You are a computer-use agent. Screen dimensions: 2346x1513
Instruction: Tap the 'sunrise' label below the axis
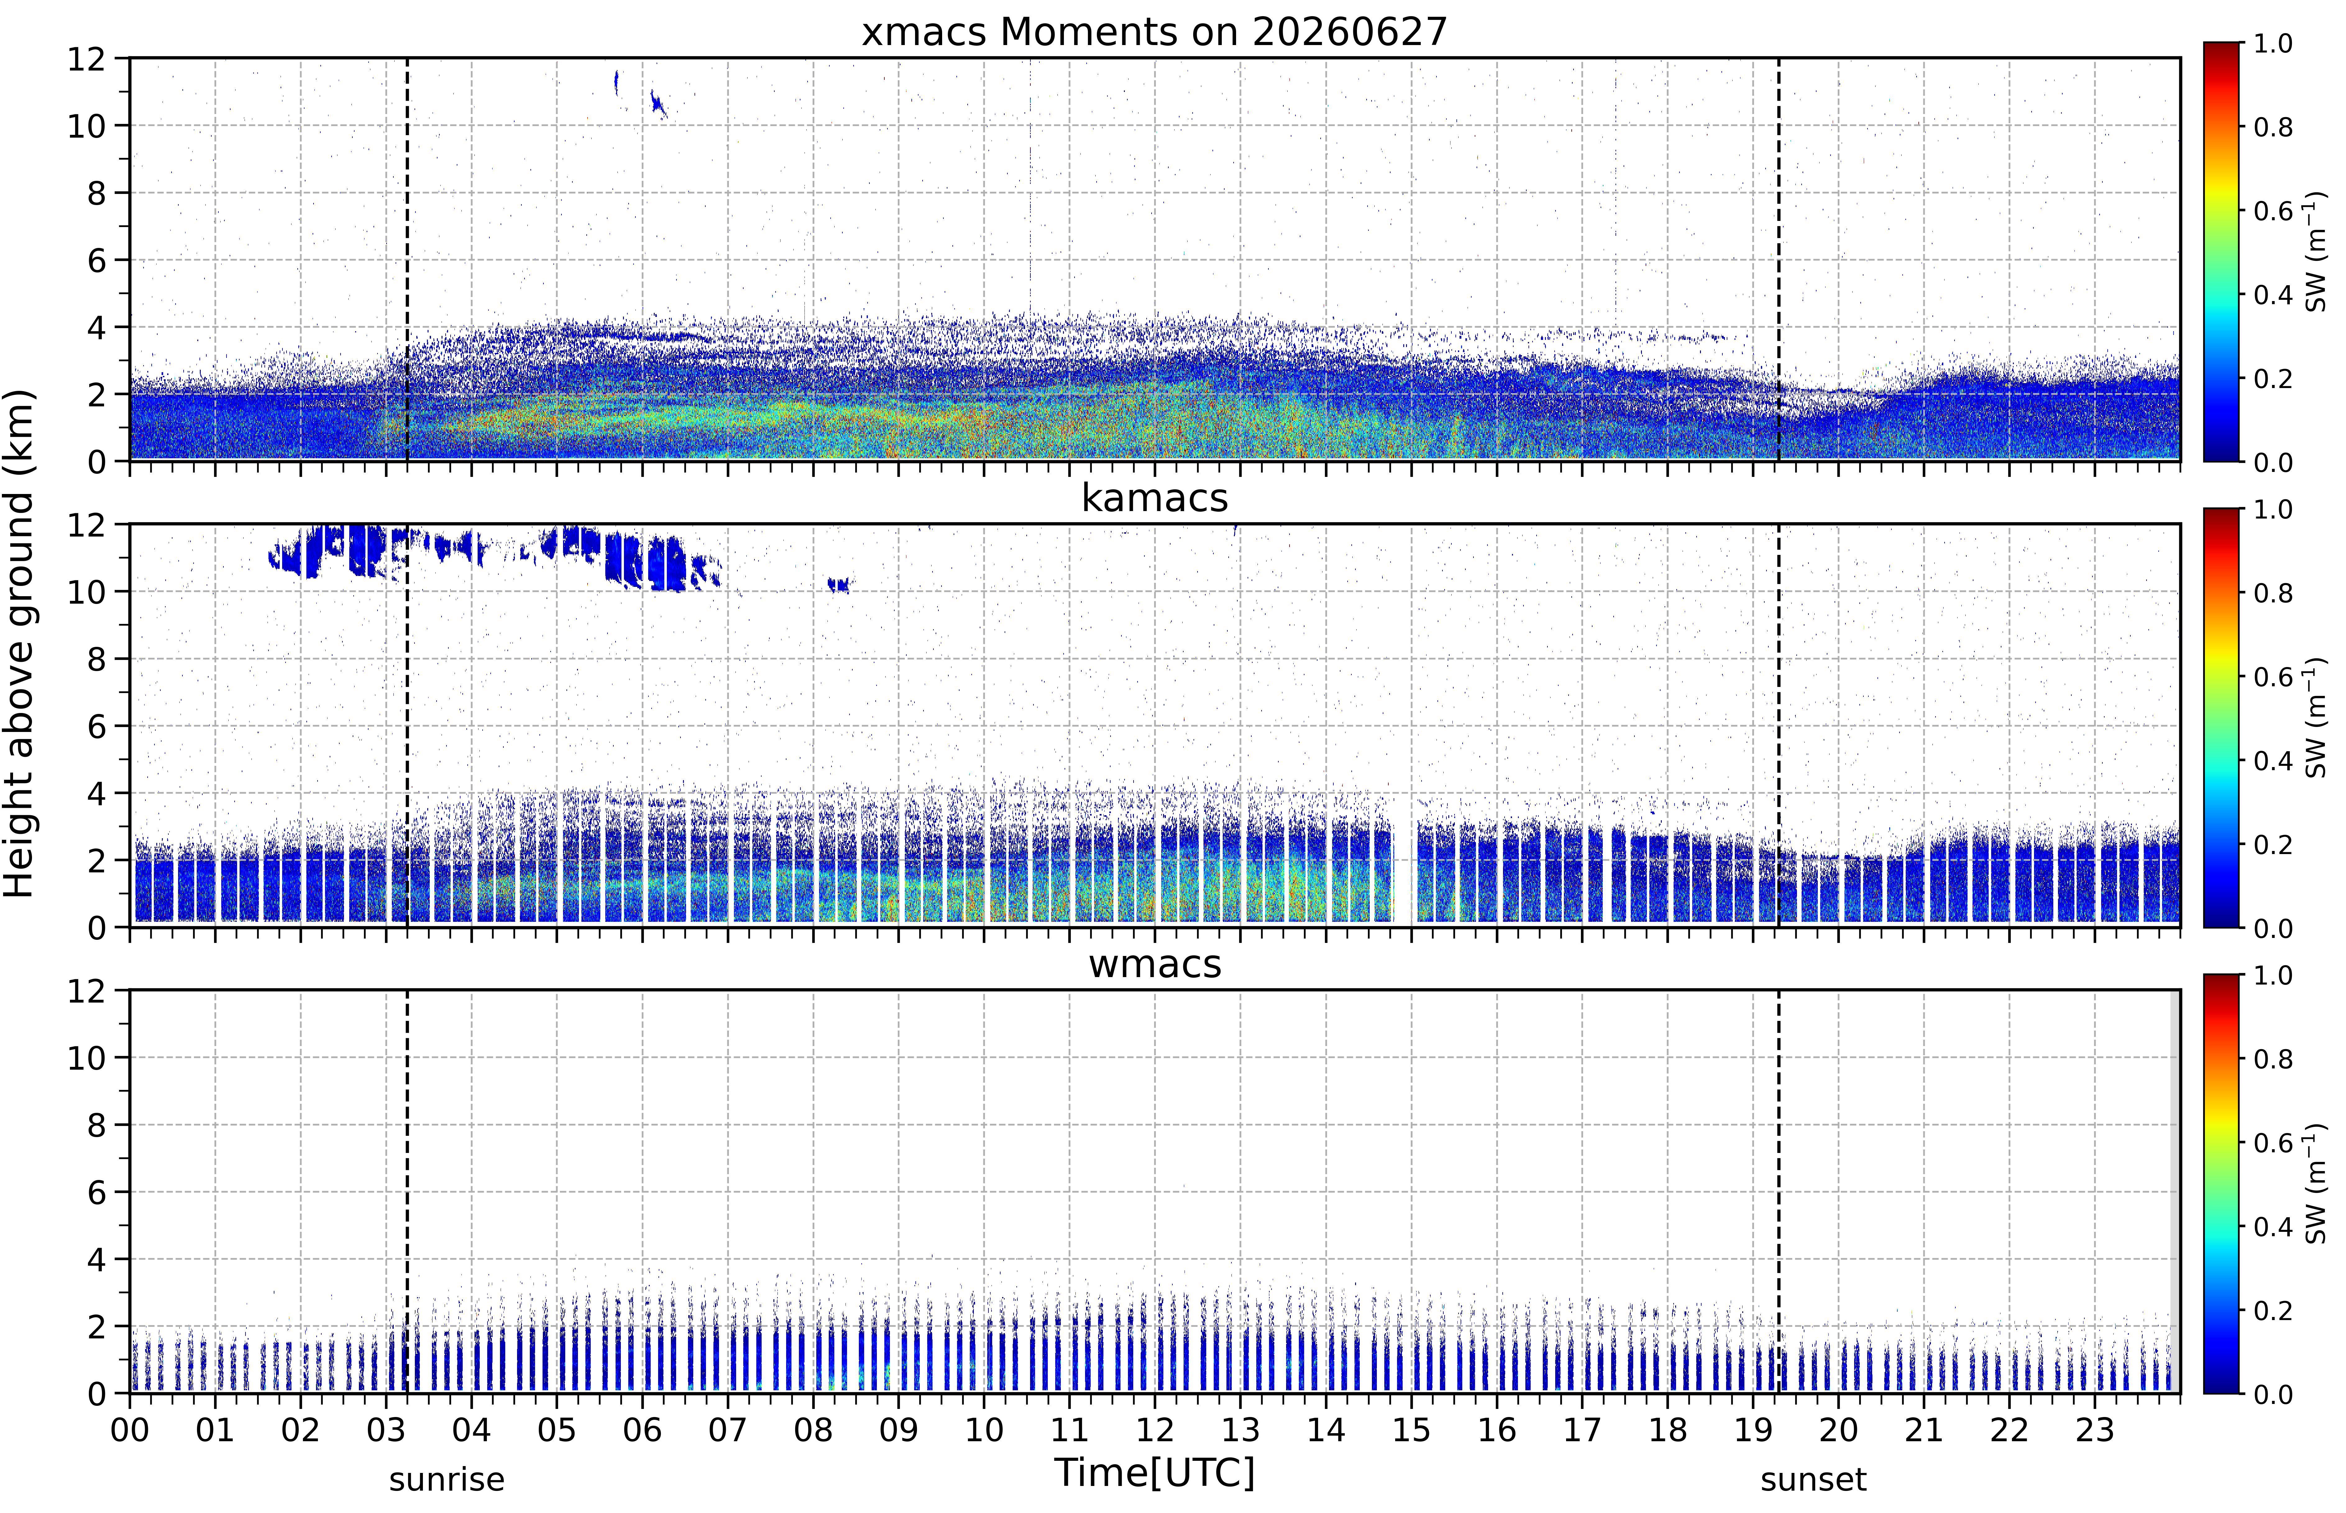click(x=447, y=1479)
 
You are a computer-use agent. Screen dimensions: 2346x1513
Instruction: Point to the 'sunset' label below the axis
click(x=1813, y=1479)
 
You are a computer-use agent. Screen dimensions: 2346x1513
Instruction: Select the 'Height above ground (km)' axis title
click(x=20, y=643)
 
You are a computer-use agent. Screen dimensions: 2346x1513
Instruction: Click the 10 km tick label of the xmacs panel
click(x=86, y=126)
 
